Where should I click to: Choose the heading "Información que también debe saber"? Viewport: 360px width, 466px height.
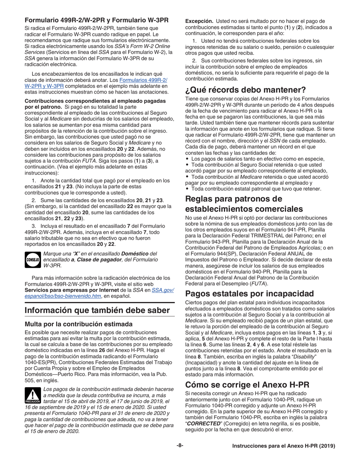coord(97,310)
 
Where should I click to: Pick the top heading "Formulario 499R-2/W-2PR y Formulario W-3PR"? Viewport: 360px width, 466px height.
coord(97,20)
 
